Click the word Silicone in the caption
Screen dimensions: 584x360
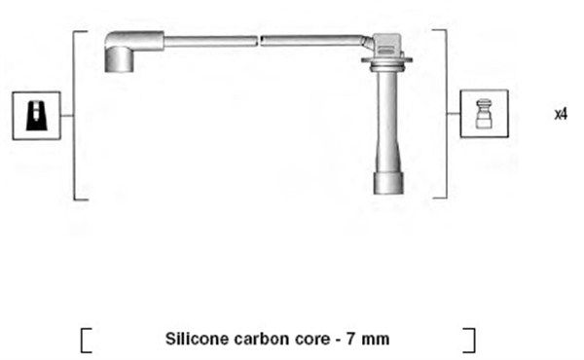click(x=198, y=340)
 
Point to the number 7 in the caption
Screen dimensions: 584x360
click(x=350, y=340)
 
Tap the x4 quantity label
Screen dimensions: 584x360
click(x=561, y=114)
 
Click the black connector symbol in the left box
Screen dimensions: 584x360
click(x=37, y=116)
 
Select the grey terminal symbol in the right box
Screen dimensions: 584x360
click(x=484, y=114)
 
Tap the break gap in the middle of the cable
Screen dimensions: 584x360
click(x=259, y=41)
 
